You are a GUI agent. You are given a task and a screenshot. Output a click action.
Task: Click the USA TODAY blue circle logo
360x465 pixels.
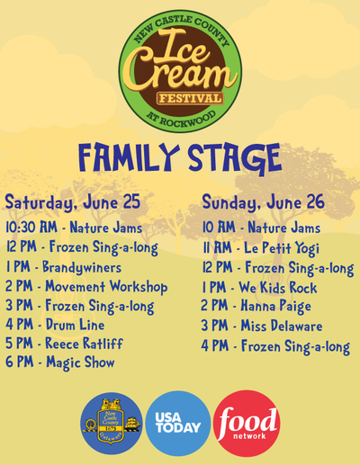coord(178,424)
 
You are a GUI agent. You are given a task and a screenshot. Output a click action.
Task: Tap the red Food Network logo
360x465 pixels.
coord(247,424)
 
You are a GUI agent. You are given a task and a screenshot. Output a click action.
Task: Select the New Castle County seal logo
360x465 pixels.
coord(112,423)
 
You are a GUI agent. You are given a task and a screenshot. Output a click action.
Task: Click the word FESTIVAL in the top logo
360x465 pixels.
coord(190,98)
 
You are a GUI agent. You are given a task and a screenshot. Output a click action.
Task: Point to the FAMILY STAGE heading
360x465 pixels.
coord(180,158)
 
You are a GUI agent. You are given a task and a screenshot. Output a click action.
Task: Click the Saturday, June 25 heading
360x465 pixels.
coord(73,202)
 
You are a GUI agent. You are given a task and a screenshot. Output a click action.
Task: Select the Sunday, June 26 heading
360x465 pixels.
coord(264,202)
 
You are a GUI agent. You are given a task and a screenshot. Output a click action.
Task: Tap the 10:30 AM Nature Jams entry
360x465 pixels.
coord(74,228)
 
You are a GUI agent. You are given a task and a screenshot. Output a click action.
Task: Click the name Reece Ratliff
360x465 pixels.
coord(84,344)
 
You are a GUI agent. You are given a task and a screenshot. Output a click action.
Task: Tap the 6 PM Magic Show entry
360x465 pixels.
coord(60,362)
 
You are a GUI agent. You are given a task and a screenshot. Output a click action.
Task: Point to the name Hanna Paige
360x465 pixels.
coord(276,307)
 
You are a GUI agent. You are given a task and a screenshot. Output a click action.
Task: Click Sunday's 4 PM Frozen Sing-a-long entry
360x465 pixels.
coord(275,346)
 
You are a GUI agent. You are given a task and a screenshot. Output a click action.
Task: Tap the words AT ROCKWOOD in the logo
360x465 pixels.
coord(181,119)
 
